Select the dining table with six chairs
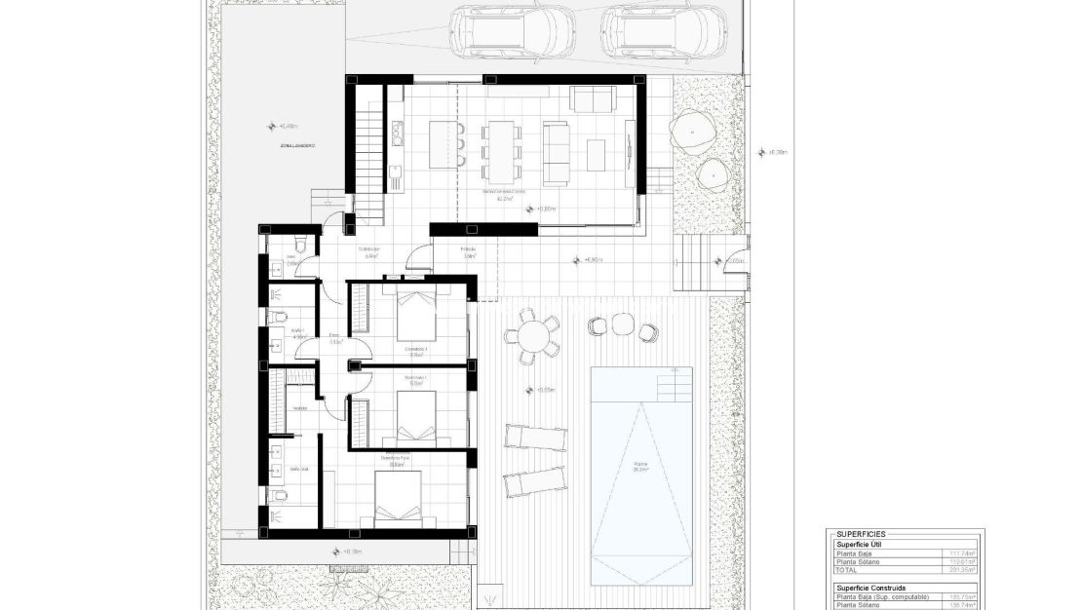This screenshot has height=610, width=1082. click(x=501, y=147)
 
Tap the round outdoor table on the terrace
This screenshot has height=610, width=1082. click(x=532, y=337)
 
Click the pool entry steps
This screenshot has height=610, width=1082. click(x=675, y=387)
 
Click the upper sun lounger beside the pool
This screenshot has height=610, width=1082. click(x=534, y=437)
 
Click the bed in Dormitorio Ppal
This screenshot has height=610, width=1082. click(x=399, y=500)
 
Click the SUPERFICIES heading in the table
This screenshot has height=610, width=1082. click(x=861, y=534)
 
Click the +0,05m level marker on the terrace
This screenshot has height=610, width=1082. click(x=545, y=390)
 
